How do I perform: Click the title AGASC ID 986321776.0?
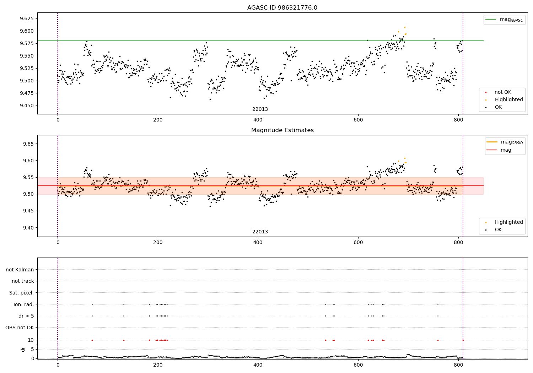[x=282, y=8]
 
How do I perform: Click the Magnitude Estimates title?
[x=282, y=130]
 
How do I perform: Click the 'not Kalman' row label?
[x=20, y=270]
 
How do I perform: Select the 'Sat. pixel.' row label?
[x=22, y=293]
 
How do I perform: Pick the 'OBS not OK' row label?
[x=20, y=328]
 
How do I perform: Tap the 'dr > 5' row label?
[x=26, y=316]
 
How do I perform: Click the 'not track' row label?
[x=23, y=281]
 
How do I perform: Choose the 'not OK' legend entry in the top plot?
[x=503, y=92]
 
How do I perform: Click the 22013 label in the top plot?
[x=260, y=109]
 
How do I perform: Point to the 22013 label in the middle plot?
[x=260, y=232]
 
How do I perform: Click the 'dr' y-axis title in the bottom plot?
[x=23, y=349]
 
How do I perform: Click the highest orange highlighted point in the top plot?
[x=404, y=27]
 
